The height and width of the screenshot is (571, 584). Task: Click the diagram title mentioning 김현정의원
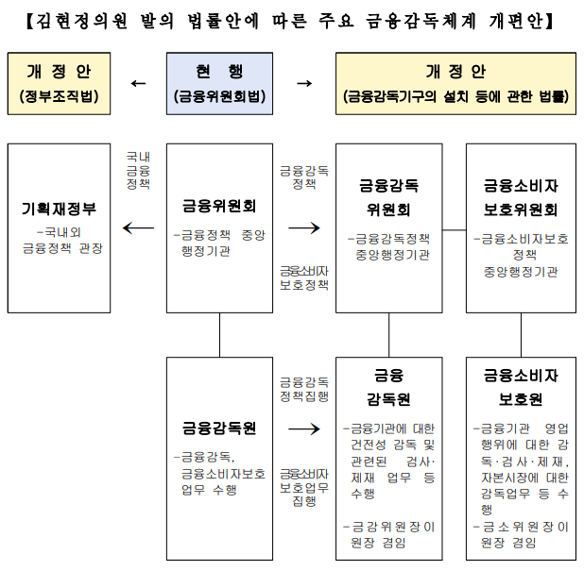click(x=292, y=19)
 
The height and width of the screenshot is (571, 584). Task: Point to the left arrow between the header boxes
click(x=138, y=83)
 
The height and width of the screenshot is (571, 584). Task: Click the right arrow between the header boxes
click(x=304, y=83)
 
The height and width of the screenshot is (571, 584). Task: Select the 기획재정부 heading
click(x=59, y=208)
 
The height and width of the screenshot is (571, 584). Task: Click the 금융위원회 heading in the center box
click(x=219, y=203)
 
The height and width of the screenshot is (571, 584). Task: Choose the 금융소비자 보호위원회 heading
click(x=521, y=197)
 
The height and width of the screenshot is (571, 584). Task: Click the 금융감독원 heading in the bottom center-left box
click(x=219, y=428)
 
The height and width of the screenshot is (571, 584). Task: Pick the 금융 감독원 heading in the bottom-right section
click(x=388, y=387)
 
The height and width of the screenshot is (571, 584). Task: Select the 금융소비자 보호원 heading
click(x=521, y=387)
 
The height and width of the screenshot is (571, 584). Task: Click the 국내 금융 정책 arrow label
click(x=138, y=171)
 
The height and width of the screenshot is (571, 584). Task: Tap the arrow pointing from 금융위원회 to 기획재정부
click(x=139, y=227)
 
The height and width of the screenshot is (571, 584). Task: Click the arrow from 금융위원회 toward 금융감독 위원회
click(x=304, y=227)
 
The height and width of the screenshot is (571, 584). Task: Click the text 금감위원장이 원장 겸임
click(x=389, y=534)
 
